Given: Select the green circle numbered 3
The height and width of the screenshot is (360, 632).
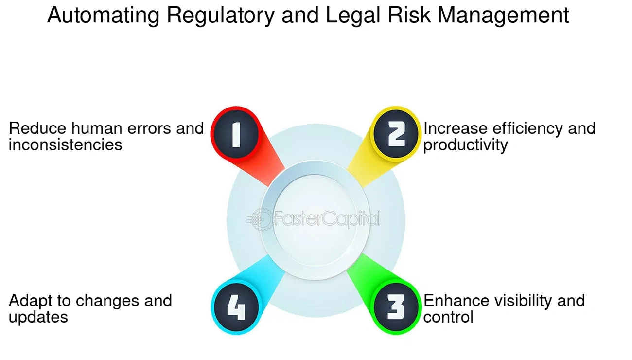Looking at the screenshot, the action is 396,307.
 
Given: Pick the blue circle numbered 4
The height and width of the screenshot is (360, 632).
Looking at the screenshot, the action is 236,307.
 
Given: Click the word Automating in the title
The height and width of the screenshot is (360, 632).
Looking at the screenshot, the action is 103,16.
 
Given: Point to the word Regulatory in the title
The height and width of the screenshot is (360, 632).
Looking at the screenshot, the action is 221,16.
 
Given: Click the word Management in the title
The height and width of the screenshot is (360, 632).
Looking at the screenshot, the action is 503,16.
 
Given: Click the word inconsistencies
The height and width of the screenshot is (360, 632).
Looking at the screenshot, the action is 66,145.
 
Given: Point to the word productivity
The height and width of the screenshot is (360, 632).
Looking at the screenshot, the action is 466,145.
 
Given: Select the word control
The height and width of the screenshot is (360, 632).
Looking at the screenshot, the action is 448,317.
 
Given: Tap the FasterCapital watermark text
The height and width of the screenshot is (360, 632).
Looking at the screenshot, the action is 327,219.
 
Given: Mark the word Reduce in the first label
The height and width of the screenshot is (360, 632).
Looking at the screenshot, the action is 37,128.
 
